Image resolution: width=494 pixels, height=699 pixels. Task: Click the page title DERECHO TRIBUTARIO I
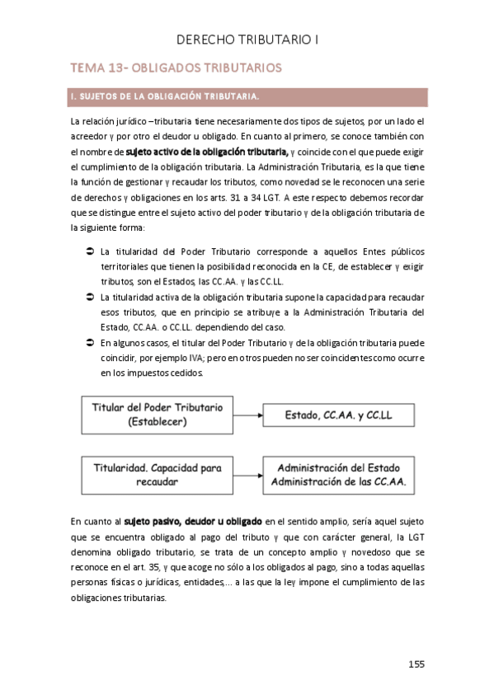click(247, 39)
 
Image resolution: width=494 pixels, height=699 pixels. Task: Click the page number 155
click(416, 664)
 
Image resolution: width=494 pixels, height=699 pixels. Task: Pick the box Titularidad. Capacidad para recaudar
click(157, 475)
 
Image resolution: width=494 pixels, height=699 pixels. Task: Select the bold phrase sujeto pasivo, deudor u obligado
click(194, 522)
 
